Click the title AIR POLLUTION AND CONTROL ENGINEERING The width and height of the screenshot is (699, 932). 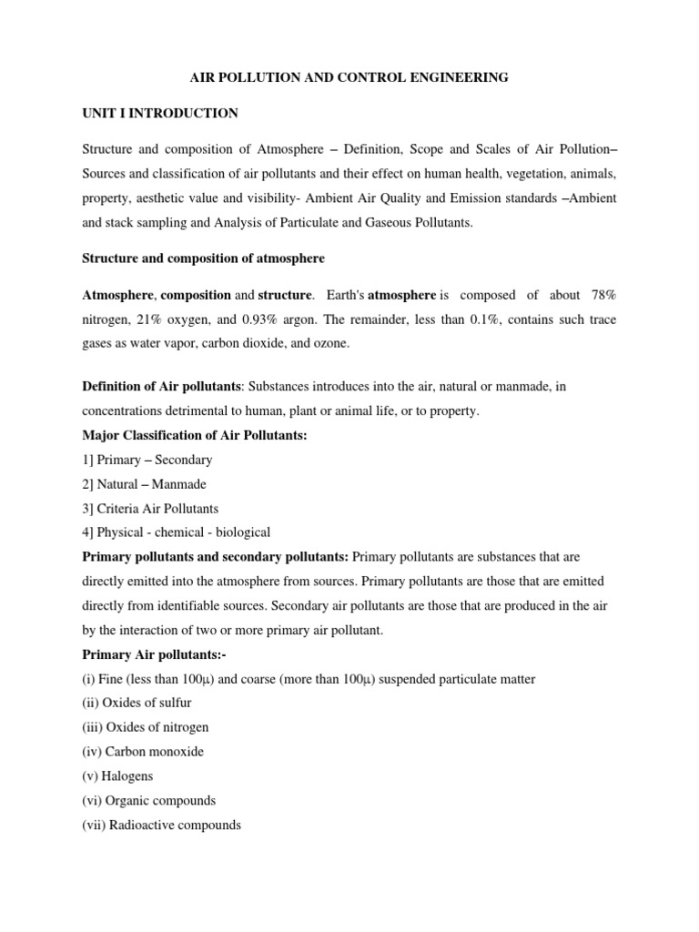pyautogui.click(x=349, y=78)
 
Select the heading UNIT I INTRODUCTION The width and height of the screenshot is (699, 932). pyautogui.click(x=160, y=113)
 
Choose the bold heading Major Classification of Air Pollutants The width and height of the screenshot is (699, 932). pyautogui.click(x=195, y=436)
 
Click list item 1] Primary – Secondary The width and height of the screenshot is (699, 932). pyautogui.click(x=147, y=460)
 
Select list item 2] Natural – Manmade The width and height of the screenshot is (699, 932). pyautogui.click(x=146, y=483)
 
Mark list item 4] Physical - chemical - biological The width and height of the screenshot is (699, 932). pyautogui.click(x=176, y=532)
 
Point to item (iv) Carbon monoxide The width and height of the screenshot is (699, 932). pyautogui.click(x=143, y=752)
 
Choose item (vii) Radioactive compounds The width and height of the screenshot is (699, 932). pyautogui.click(x=161, y=825)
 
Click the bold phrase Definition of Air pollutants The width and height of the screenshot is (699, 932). pyautogui.click(x=161, y=388)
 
